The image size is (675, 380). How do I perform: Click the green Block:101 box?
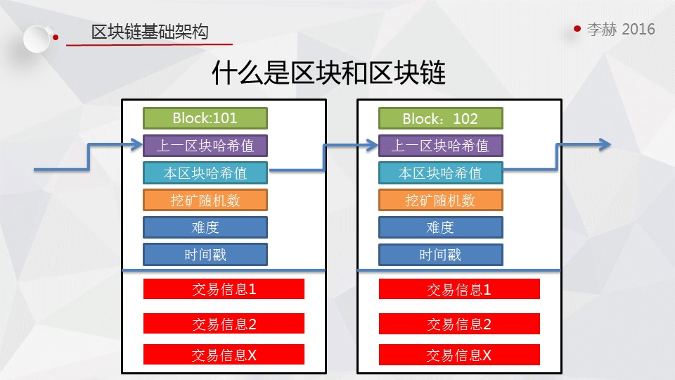coord(205,118)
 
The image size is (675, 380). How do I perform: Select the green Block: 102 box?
coord(440,118)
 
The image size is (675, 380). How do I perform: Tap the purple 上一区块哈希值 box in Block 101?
coord(205,146)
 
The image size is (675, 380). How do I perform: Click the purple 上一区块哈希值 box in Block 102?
coord(440,146)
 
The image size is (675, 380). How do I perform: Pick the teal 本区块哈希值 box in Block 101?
coord(205,173)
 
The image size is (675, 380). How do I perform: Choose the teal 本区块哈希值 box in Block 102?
coord(440,173)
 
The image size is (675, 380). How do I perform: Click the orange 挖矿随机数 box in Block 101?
coord(205,200)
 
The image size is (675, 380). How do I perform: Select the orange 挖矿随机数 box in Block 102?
coord(440,200)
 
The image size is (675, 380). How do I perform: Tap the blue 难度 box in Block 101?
coord(205,227)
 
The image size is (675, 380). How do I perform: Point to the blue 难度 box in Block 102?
coord(440,227)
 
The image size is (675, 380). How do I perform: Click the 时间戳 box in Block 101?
coord(205,255)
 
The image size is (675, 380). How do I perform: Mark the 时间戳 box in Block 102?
coord(440,255)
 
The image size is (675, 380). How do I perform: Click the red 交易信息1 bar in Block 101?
coord(224,289)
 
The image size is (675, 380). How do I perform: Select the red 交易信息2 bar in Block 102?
coord(459,324)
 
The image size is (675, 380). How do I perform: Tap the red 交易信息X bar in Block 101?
coord(224,355)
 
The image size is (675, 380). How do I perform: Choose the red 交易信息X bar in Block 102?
coord(459,355)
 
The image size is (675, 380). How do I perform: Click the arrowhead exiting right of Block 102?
coord(606,144)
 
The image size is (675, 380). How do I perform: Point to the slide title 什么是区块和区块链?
coord(329,72)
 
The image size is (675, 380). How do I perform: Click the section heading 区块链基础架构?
coord(150,32)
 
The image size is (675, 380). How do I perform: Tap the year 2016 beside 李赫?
coord(638,29)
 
